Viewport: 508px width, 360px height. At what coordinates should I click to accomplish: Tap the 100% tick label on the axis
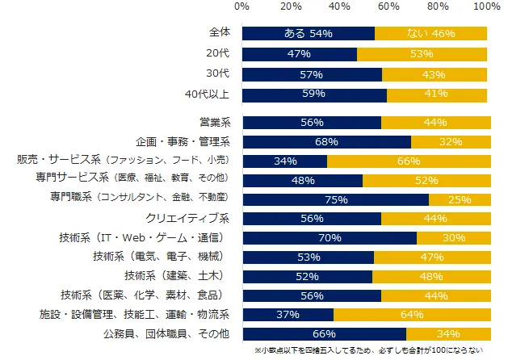487,6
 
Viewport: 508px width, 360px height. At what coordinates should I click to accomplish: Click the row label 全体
218,34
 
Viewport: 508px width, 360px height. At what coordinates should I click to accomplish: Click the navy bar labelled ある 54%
308,34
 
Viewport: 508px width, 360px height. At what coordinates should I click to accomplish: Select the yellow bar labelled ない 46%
430,34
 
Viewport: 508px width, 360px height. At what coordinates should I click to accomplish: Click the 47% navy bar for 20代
299,54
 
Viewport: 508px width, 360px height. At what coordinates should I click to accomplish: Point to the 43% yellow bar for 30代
435,74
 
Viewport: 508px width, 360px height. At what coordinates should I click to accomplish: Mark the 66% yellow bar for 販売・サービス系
409,161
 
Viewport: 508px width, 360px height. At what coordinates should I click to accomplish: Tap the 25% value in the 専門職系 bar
460,199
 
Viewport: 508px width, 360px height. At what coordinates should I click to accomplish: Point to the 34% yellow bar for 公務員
448,333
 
